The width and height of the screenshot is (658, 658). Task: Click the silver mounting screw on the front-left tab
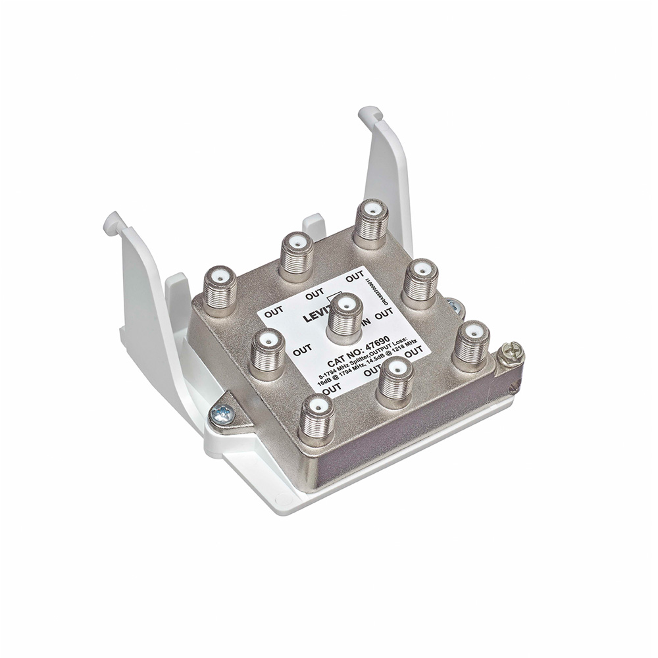[x=223, y=415]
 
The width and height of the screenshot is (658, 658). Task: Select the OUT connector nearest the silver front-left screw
[x=316, y=416]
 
